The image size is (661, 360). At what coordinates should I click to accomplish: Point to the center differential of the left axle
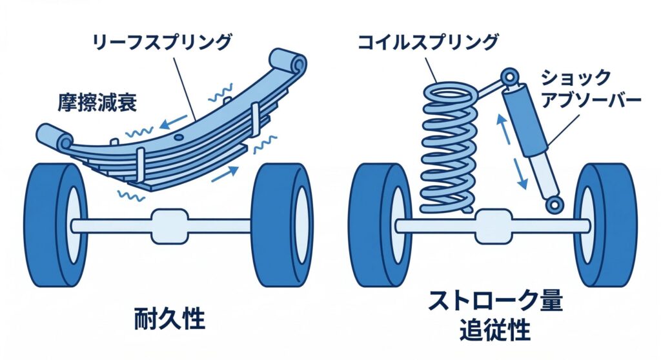click(169, 225)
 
